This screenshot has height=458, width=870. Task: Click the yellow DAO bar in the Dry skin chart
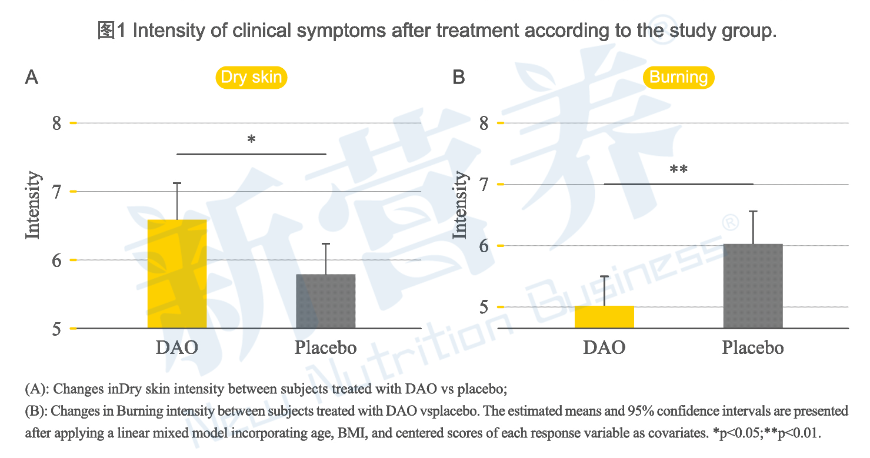tap(177, 274)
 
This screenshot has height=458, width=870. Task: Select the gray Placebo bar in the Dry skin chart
tap(326, 301)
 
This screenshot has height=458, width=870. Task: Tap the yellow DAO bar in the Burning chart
tap(604, 317)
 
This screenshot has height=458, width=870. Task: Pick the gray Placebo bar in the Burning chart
tap(753, 286)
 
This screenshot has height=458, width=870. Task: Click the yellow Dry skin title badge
tap(251, 78)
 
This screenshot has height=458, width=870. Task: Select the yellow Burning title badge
tap(678, 78)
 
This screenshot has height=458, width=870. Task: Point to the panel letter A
tap(32, 77)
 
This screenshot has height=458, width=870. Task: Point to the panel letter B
tap(459, 77)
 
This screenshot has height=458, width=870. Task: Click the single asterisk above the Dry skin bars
tap(251, 139)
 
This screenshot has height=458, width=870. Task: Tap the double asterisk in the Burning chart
tap(678, 169)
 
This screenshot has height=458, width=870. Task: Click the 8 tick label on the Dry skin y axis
tap(56, 123)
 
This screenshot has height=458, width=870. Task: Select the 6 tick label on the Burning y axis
tap(484, 246)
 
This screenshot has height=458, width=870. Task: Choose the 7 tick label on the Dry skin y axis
tap(56, 192)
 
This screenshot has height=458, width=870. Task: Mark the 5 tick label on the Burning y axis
tap(484, 307)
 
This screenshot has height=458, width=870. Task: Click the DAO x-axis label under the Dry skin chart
tap(177, 347)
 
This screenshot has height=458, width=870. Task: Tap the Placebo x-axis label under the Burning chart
tap(753, 347)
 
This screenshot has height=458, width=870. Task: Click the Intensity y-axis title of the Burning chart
tap(460, 205)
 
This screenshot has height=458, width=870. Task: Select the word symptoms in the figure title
tap(341, 31)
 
